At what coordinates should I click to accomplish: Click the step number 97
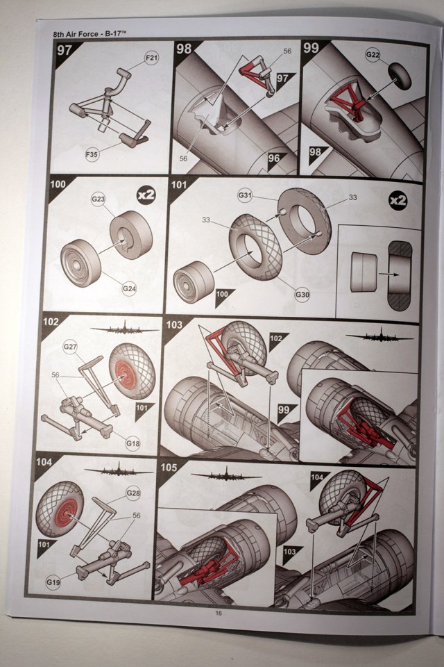pos(65,50)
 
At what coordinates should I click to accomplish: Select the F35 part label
pos(92,154)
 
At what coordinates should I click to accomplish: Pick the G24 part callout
pos(128,287)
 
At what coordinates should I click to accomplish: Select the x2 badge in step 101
pos(398,201)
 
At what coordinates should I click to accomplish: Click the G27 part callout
pos(69,346)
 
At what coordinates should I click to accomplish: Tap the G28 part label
pos(133,493)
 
